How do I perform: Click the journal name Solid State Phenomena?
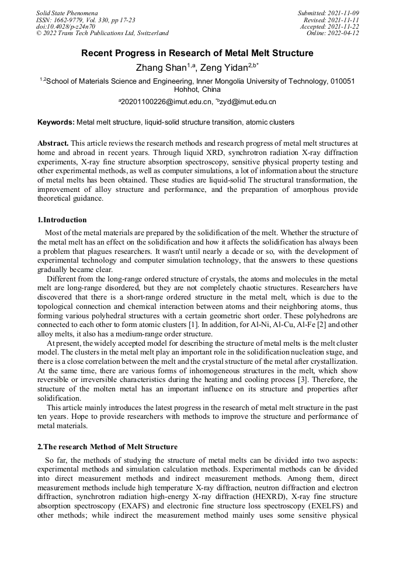[x=67, y=12]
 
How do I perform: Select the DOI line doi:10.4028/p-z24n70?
[x=65, y=26]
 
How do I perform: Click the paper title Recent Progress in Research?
[x=197, y=53]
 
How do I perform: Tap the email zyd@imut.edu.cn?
[x=248, y=102]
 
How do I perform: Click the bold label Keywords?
[x=56, y=122]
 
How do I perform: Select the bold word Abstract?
[x=53, y=143]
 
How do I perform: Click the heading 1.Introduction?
[x=62, y=220]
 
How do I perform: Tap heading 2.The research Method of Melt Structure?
[x=107, y=446]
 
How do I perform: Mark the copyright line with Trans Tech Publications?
[x=102, y=33]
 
